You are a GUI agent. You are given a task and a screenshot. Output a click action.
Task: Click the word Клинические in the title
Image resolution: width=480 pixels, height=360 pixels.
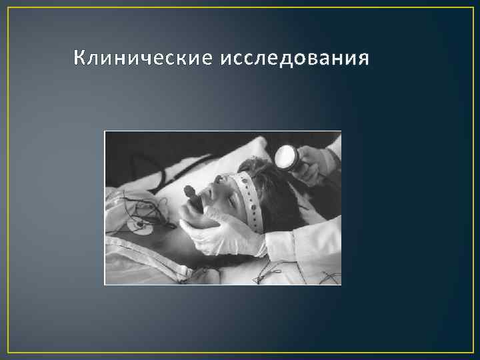141,59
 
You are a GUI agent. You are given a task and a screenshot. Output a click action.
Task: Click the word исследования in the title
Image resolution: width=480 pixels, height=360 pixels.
292,59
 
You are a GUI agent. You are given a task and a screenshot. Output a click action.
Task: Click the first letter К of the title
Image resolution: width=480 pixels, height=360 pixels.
79,59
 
